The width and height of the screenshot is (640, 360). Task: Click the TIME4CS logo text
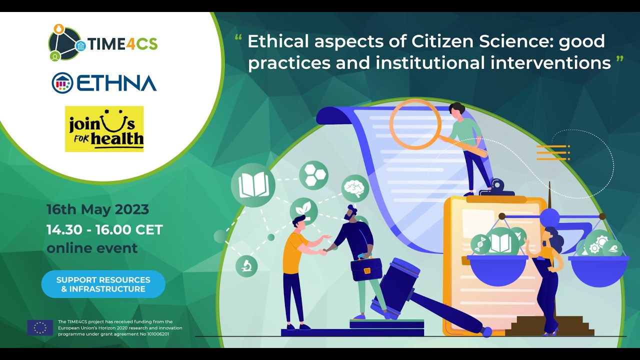(x=123, y=44)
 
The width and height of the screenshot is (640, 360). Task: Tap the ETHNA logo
(x=104, y=83)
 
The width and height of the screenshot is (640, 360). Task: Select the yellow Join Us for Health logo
(x=104, y=128)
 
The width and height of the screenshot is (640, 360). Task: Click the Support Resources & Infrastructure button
(x=103, y=284)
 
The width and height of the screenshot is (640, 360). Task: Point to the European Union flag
(x=40, y=327)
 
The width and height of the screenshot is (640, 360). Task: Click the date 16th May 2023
(x=97, y=209)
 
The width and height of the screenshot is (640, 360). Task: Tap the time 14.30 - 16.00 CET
(x=104, y=229)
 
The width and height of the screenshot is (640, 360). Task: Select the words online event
(x=92, y=247)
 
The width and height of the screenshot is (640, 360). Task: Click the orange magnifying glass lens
(x=415, y=124)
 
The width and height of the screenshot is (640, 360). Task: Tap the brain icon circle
(x=355, y=188)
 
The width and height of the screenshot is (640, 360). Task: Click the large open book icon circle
(x=253, y=185)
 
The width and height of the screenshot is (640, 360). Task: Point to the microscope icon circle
(x=246, y=265)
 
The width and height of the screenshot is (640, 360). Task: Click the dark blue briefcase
(x=366, y=269)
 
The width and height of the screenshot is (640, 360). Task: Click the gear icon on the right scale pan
(x=594, y=247)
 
